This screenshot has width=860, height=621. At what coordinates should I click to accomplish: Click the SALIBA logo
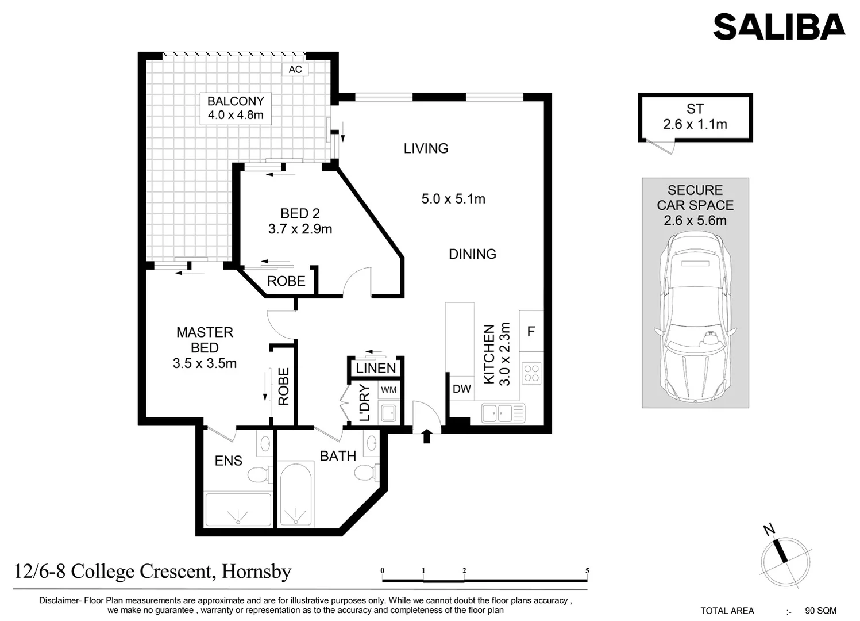tap(778, 27)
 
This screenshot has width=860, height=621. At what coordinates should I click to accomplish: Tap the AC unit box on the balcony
tap(295, 70)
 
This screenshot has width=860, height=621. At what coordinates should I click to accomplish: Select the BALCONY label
tap(236, 101)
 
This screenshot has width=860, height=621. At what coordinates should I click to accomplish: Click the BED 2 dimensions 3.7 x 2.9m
tap(300, 229)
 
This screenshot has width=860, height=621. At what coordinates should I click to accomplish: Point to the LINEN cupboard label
tap(376, 369)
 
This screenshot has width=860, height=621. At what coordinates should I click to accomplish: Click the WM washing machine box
tap(389, 390)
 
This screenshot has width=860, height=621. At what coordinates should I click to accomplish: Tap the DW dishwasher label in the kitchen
tap(461, 389)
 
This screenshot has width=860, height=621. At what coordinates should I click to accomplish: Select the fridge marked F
tap(531, 331)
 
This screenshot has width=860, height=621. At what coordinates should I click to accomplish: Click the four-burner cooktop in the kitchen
tap(531, 374)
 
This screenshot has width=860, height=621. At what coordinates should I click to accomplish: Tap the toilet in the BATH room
tap(364, 473)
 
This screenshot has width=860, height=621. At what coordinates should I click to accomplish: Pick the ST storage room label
tap(695, 109)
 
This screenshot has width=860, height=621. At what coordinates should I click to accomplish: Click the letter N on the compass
tap(769, 530)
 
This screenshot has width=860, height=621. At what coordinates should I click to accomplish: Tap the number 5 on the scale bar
tap(587, 571)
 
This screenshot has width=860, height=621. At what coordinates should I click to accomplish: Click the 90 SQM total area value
tap(820, 611)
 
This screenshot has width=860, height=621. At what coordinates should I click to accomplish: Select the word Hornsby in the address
tap(256, 572)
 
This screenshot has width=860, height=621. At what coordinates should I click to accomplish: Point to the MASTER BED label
tap(205, 340)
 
